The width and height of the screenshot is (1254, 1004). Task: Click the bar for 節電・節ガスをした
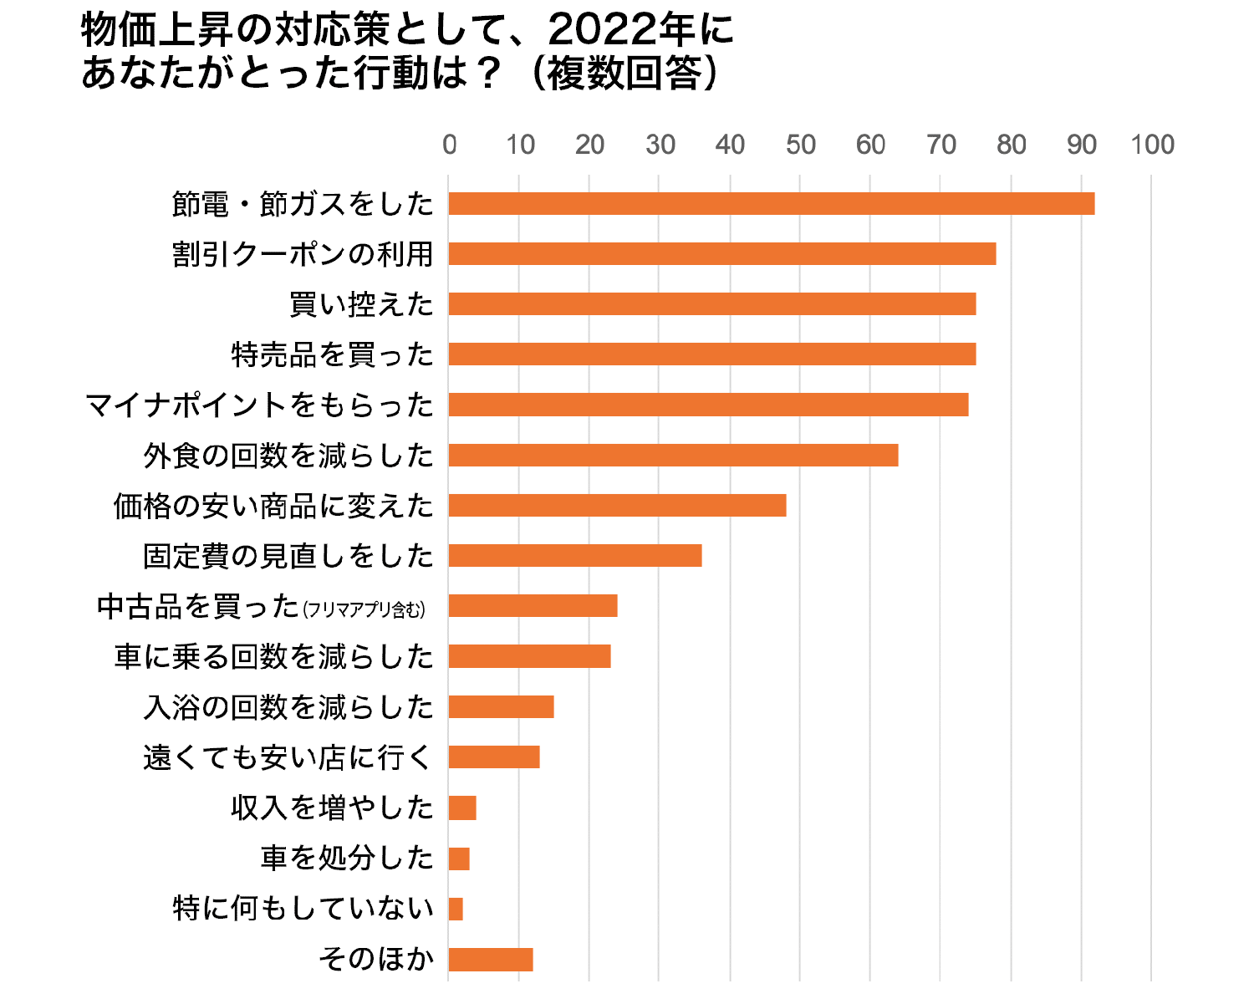point(771,203)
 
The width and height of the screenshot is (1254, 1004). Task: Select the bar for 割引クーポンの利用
point(721,253)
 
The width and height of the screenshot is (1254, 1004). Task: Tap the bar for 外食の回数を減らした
point(673,455)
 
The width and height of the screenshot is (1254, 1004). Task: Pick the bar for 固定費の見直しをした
point(574,556)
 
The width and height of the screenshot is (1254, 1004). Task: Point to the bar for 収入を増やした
point(462,808)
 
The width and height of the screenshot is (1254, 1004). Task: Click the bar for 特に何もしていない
point(456,909)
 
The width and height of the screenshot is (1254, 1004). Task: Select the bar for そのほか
point(490,959)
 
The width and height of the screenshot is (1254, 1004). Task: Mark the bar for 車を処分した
point(459,859)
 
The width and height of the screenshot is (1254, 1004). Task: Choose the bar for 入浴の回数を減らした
point(501,707)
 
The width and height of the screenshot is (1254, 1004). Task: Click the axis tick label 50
point(800,145)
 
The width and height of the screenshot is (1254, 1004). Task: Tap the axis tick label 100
point(1152,145)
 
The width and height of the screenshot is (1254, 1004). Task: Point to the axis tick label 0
point(449,145)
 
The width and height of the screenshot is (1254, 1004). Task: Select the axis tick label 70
point(940,145)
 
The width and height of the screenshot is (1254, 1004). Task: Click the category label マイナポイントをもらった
point(260,405)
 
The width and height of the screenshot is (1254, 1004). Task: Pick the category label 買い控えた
point(361,304)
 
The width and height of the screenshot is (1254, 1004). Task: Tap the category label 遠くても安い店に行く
point(288,757)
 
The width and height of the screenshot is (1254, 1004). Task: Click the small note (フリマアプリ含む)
point(364,609)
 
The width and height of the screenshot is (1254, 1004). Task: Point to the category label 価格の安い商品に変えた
point(273,506)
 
